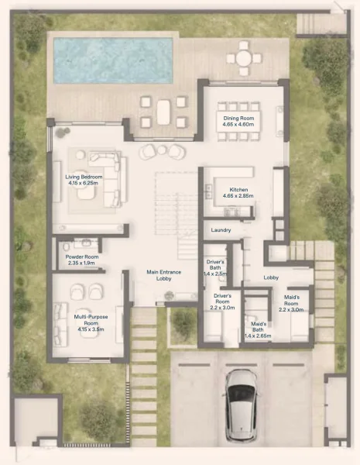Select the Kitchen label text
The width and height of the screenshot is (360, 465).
pos(237,190)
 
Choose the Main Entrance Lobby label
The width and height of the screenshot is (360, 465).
pos(164,274)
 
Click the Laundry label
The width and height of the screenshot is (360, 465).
pos(221,230)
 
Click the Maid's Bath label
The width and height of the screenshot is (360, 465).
pos(259,327)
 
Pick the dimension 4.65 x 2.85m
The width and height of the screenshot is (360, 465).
pos(237,198)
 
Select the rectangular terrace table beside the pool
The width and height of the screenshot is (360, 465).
pos(163,113)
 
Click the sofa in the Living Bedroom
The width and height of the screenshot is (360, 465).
pos(110,177)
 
